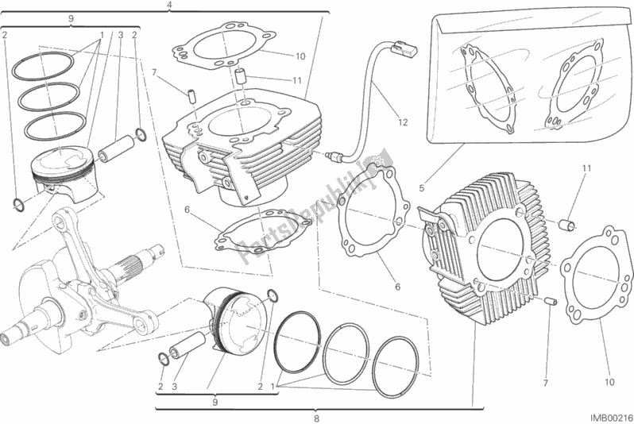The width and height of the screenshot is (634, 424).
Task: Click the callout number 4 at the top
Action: click(x=169, y=6)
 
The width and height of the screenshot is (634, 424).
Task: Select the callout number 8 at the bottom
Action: click(x=315, y=418)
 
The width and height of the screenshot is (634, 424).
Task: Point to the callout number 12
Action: click(x=403, y=122)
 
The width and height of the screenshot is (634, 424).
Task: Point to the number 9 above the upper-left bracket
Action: click(x=71, y=17)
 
